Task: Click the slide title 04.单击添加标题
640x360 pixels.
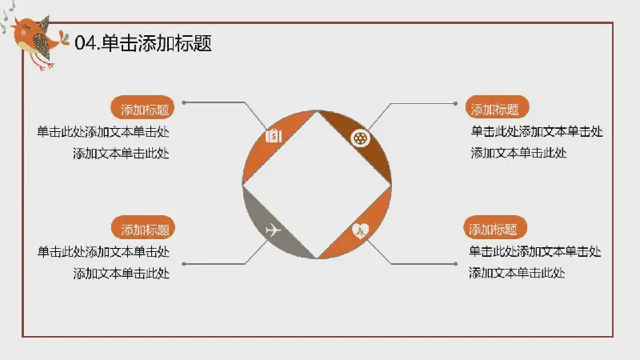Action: point(143,44)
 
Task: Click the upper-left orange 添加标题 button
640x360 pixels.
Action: point(144,110)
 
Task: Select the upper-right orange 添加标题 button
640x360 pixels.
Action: point(494,110)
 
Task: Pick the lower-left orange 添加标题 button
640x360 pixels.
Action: point(145,229)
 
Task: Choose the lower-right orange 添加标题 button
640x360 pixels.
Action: point(494,229)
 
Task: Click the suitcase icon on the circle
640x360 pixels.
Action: point(274,135)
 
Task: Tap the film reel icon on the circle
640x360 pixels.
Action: point(362,138)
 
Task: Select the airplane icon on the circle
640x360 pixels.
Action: point(273,231)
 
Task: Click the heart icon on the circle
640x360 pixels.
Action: point(361,232)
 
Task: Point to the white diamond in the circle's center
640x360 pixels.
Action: point(317,185)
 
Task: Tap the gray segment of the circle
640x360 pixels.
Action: point(264,224)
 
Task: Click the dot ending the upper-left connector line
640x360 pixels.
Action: point(185,102)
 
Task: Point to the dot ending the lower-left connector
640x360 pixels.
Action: point(184,263)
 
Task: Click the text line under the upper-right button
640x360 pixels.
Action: point(537,132)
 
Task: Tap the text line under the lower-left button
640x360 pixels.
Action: point(103,251)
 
